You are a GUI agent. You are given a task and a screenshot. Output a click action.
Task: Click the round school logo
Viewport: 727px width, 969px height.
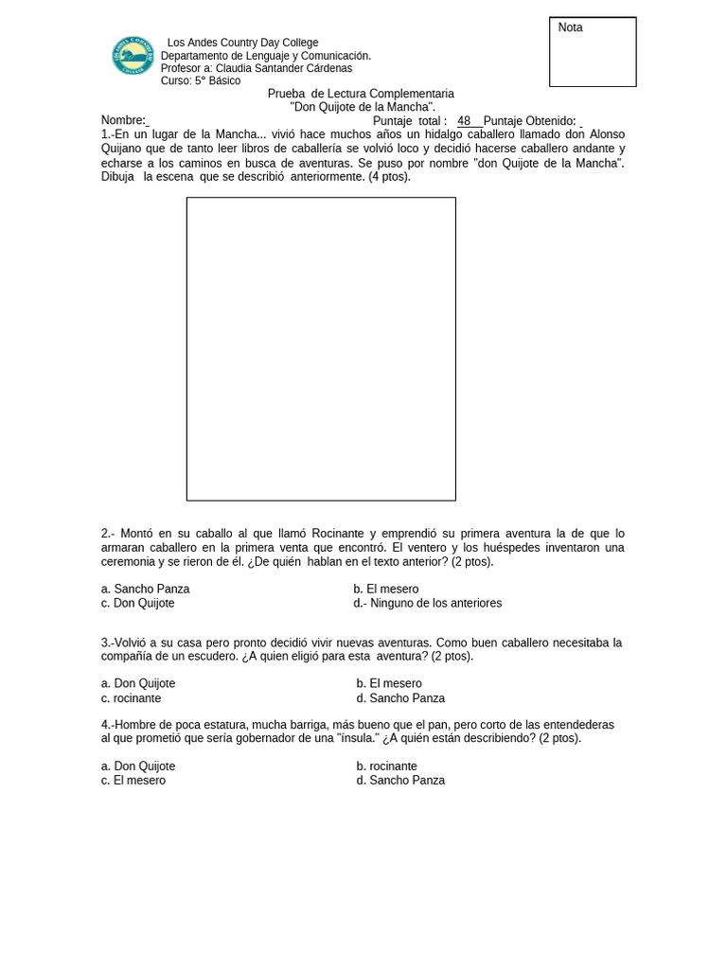pyautogui.click(x=133, y=56)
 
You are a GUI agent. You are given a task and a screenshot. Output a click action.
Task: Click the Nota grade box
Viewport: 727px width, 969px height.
pyautogui.click(x=593, y=52)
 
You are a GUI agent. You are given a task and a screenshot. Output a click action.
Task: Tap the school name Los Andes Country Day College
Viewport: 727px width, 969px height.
pyautogui.click(x=242, y=43)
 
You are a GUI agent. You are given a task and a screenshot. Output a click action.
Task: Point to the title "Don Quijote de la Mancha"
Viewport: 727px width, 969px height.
pyautogui.click(x=362, y=107)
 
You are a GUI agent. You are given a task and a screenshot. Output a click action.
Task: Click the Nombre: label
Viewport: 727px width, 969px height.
pyautogui.click(x=123, y=120)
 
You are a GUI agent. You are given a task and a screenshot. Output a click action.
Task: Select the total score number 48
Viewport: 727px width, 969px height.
pyautogui.click(x=464, y=120)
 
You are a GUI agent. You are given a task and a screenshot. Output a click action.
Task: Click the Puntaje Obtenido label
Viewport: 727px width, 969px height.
pyautogui.click(x=529, y=120)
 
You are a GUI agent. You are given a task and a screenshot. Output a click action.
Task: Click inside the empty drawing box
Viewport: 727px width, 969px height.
pyautogui.click(x=321, y=348)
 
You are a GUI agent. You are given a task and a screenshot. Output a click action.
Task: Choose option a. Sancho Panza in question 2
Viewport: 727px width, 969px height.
pyautogui.click(x=145, y=589)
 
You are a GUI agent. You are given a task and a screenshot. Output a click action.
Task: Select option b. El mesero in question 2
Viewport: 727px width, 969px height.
pyautogui.click(x=386, y=589)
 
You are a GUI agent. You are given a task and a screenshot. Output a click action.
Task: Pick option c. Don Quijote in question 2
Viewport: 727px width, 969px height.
pyautogui.click(x=138, y=603)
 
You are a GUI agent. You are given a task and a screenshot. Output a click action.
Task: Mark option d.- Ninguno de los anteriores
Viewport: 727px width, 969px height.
pyautogui.click(x=428, y=603)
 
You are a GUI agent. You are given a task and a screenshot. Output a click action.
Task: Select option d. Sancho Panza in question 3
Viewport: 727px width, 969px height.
pyautogui.click(x=400, y=698)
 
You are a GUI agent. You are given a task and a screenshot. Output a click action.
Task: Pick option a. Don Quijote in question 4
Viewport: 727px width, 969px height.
pyautogui.click(x=138, y=766)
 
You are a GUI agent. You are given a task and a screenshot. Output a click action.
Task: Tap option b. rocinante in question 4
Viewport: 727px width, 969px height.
pyautogui.click(x=387, y=766)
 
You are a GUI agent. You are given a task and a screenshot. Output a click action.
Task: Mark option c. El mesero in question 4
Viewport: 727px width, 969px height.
pyautogui.click(x=133, y=781)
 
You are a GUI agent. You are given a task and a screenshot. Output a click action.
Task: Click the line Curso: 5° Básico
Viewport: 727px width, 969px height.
pyautogui.click(x=201, y=81)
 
